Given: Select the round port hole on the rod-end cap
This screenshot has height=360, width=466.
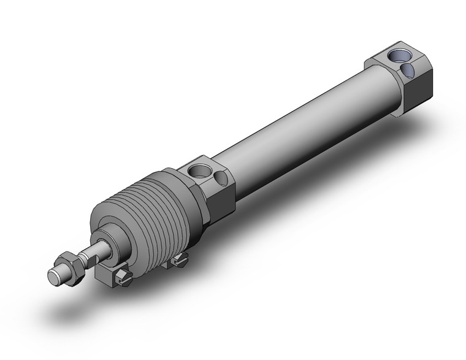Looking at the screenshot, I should tap(198, 170).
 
